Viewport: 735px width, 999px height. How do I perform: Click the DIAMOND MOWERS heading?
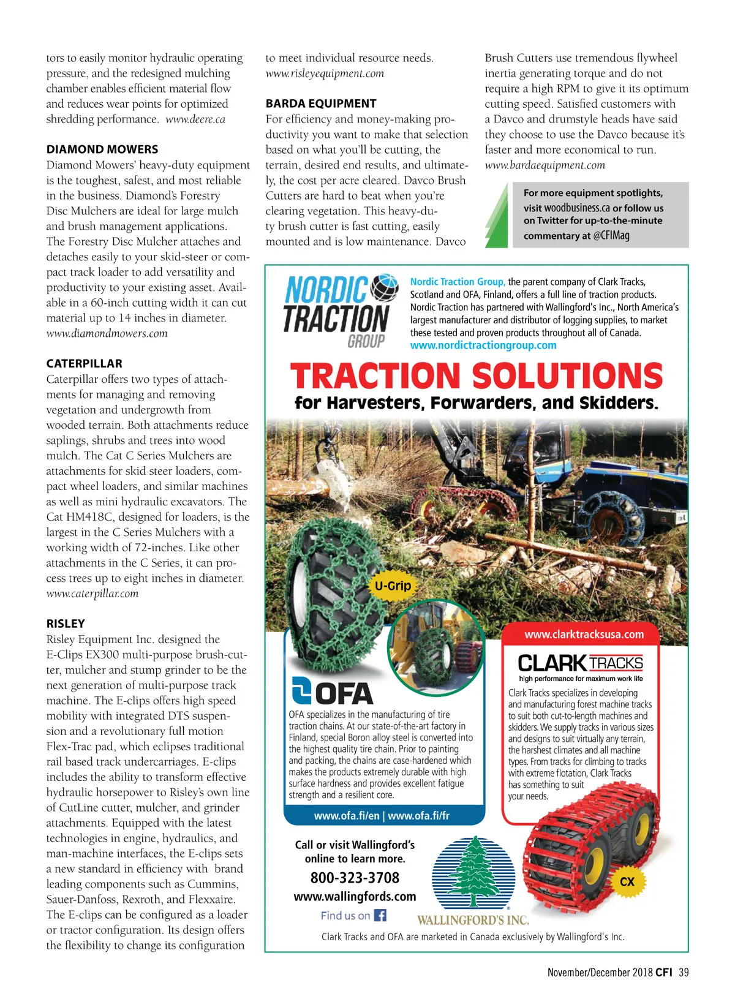[x=102, y=149]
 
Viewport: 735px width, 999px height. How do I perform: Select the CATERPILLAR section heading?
[x=85, y=363]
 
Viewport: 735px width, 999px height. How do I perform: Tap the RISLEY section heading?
[x=66, y=624]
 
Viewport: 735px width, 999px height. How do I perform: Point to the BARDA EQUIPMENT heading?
[x=321, y=104]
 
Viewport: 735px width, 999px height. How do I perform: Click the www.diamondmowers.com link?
[x=107, y=333]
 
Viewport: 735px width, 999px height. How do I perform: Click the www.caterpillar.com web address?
[x=92, y=593]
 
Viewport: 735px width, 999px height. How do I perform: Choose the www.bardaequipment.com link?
[x=545, y=165]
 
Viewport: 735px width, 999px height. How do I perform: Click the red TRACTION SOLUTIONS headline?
[x=476, y=376]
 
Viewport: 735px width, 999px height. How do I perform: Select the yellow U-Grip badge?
[x=393, y=586]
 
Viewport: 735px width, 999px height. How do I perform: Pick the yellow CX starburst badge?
[x=627, y=882]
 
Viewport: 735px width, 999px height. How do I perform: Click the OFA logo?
[x=332, y=692]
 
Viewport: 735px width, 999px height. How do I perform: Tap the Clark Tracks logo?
[x=580, y=663]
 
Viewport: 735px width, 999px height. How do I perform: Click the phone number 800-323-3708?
[x=355, y=878]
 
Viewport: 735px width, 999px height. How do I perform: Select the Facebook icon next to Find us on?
[x=380, y=916]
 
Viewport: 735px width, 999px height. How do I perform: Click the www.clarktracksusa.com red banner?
[x=584, y=635]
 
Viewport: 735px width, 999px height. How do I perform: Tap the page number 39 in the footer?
[x=684, y=972]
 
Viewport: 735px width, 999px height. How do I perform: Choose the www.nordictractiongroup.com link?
[x=483, y=345]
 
